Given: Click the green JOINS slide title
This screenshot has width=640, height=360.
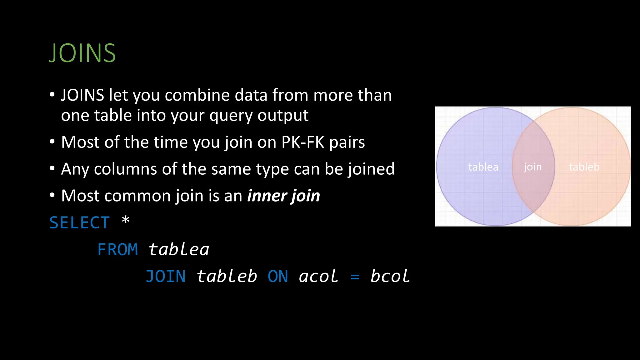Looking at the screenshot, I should coord(82,53).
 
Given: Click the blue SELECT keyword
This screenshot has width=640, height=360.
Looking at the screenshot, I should coord(80,223).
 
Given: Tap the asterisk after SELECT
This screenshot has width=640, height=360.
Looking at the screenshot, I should coord(126,220).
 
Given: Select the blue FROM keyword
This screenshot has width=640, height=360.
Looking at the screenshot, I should coord(117,250).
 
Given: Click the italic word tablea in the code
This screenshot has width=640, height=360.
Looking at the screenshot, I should coord(179,250).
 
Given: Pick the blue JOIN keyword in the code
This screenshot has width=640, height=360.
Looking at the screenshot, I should coord(166,277).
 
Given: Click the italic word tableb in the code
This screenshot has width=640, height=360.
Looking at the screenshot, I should coord(227,277).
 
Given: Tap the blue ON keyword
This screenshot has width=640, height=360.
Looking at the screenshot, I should coord(278,277).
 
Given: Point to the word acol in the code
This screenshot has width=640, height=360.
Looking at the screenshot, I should coord(318,277).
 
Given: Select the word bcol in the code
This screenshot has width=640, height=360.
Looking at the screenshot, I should coord(390,277).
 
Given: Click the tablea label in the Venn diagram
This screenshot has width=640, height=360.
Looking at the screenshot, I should coord(483,167).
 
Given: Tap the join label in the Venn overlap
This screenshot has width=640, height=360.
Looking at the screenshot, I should coord(533,167).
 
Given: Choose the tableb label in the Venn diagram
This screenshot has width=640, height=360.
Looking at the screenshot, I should coord(584,167).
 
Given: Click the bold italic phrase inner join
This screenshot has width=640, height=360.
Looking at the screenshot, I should coord(284,196).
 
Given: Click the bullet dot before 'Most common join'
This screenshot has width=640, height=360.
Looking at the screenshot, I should coord(52,195).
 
